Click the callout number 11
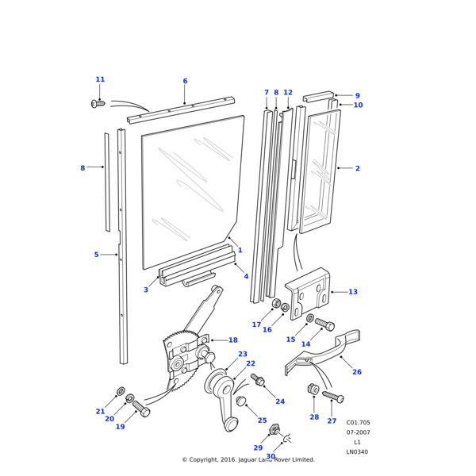tap(100, 79)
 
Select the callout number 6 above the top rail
tap(185, 81)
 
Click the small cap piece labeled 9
tap(317, 97)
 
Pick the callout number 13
tap(352, 292)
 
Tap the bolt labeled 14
tap(324, 324)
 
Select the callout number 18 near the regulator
tap(232, 340)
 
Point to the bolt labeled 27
tap(332, 397)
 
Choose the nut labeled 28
tap(313, 389)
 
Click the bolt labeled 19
tap(141, 409)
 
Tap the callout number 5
tap(96, 255)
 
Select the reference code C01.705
tap(358, 423)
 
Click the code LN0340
tap(357, 452)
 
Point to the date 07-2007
tap(357, 432)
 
